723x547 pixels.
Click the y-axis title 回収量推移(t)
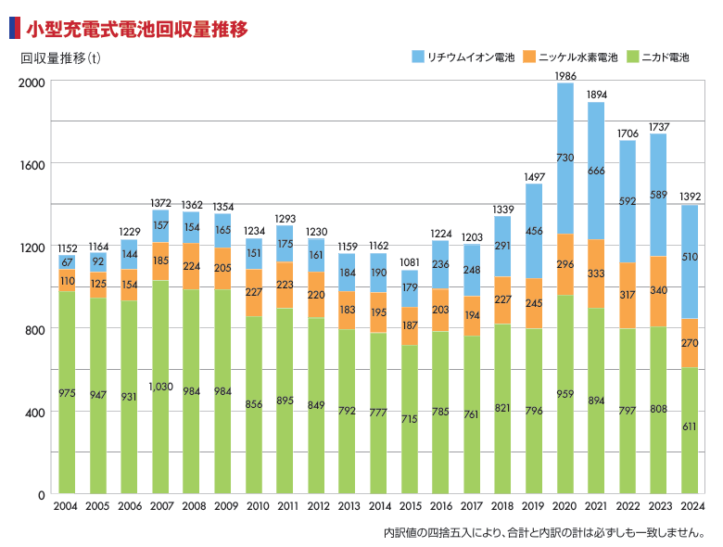61,57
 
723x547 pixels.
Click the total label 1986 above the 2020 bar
565,75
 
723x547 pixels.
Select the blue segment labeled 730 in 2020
565,159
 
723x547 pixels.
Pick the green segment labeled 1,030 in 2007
160,386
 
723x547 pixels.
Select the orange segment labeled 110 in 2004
67,281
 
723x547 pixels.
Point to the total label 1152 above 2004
67,248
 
